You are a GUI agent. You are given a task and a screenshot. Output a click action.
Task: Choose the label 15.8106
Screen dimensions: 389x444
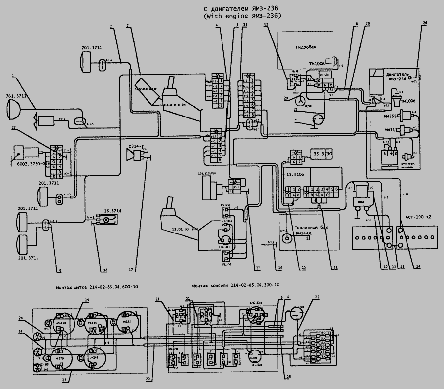click(294, 174)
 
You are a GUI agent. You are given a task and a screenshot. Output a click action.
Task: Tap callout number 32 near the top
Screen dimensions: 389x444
click(266, 25)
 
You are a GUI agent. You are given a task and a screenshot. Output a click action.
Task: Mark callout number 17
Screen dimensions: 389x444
click(132, 270)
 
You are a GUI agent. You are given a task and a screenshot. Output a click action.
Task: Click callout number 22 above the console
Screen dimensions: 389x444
click(317, 297)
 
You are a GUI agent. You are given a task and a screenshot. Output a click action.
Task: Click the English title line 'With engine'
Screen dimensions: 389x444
click(242, 16)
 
